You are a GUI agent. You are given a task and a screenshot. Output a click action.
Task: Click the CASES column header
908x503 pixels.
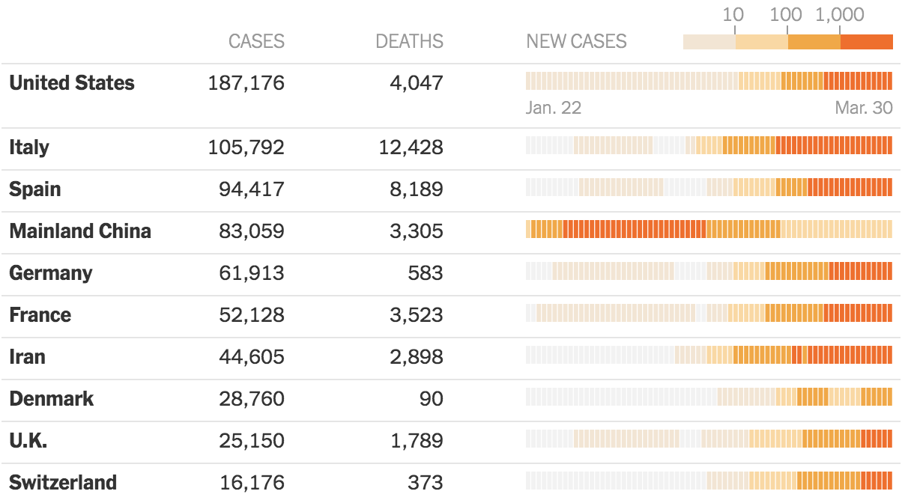(x=256, y=41)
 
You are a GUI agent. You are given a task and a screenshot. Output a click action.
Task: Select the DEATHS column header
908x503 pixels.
(x=409, y=41)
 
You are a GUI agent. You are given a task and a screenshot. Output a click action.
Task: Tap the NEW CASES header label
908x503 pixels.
(x=576, y=41)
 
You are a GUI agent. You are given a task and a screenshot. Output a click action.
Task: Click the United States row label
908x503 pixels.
(x=72, y=82)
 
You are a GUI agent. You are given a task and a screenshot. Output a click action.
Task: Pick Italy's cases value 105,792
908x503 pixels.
(x=246, y=147)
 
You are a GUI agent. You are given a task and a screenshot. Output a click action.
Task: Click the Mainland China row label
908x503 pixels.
(x=80, y=231)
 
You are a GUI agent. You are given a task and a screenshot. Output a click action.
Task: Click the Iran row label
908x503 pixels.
(x=27, y=357)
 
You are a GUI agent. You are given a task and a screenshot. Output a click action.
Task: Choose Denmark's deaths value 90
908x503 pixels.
(x=431, y=399)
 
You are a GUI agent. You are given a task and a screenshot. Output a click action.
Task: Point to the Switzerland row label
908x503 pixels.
(x=63, y=482)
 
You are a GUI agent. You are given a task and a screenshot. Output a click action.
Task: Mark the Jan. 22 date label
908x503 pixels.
(x=554, y=108)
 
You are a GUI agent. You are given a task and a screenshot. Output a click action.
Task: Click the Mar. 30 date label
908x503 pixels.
(x=864, y=108)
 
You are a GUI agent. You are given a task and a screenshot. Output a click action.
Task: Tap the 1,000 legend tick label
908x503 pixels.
(x=839, y=14)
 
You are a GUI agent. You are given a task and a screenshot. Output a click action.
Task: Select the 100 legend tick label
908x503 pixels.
(x=786, y=14)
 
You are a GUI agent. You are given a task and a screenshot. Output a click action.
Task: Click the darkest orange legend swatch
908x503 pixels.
(x=867, y=42)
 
